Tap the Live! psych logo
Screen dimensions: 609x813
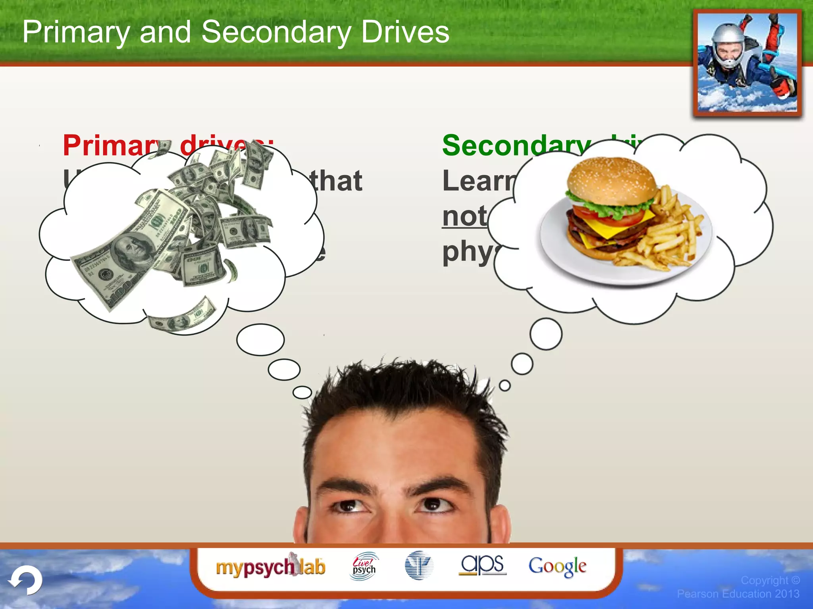(364, 566)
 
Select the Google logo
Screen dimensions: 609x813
(557, 566)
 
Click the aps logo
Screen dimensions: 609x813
(482, 565)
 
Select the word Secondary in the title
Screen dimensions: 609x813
(276, 32)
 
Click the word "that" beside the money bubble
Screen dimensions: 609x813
(337, 181)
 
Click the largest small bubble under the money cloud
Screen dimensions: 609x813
(260, 339)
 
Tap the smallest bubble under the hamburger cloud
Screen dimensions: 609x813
(505, 385)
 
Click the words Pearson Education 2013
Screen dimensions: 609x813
(738, 594)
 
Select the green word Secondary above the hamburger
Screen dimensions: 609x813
(516, 146)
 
